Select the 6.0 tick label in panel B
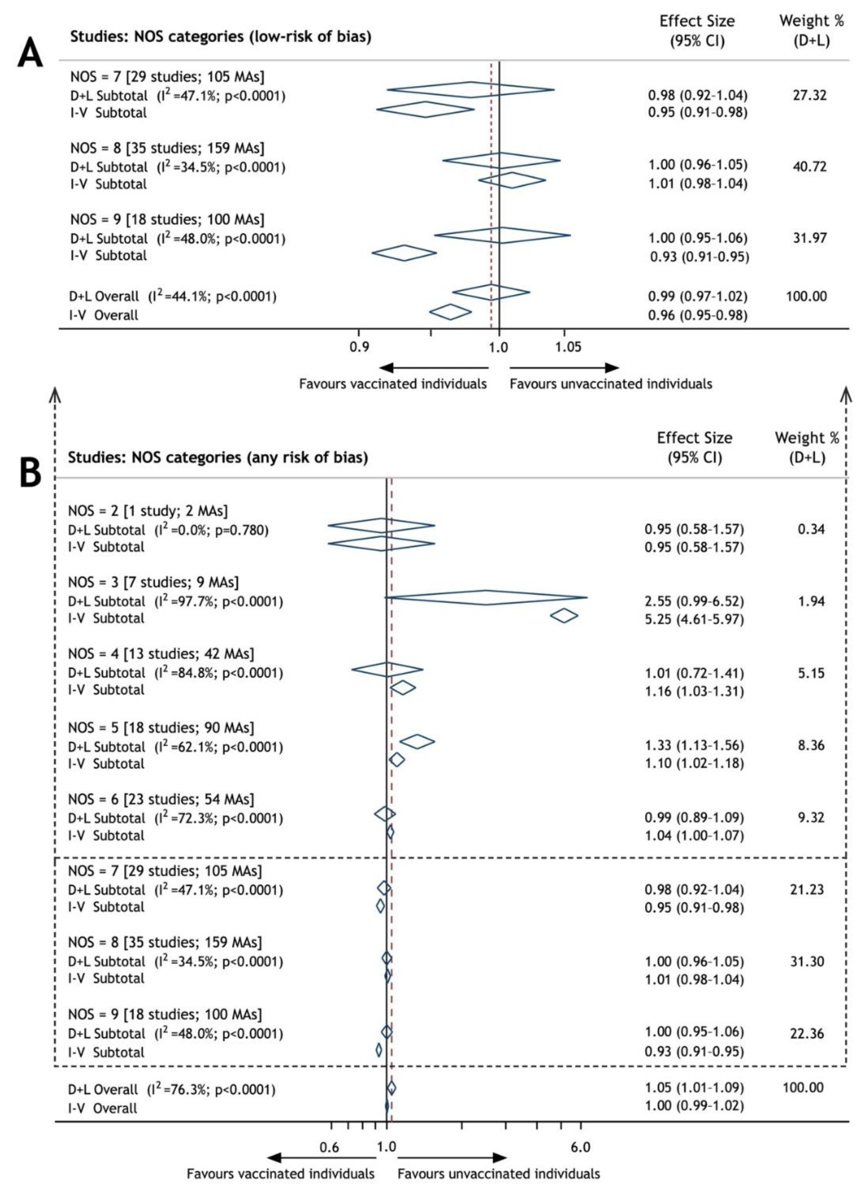[x=580, y=1147]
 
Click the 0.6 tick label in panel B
[x=329, y=1147]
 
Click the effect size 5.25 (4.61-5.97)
[x=694, y=619]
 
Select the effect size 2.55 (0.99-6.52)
[x=694, y=601]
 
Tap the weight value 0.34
[x=811, y=529]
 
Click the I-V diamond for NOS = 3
[x=564, y=616]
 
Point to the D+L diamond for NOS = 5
[x=417, y=741]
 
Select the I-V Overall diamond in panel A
[x=450, y=312]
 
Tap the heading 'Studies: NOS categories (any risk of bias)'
[x=218, y=457]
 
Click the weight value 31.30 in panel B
[x=807, y=961]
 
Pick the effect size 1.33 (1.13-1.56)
[x=694, y=745]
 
